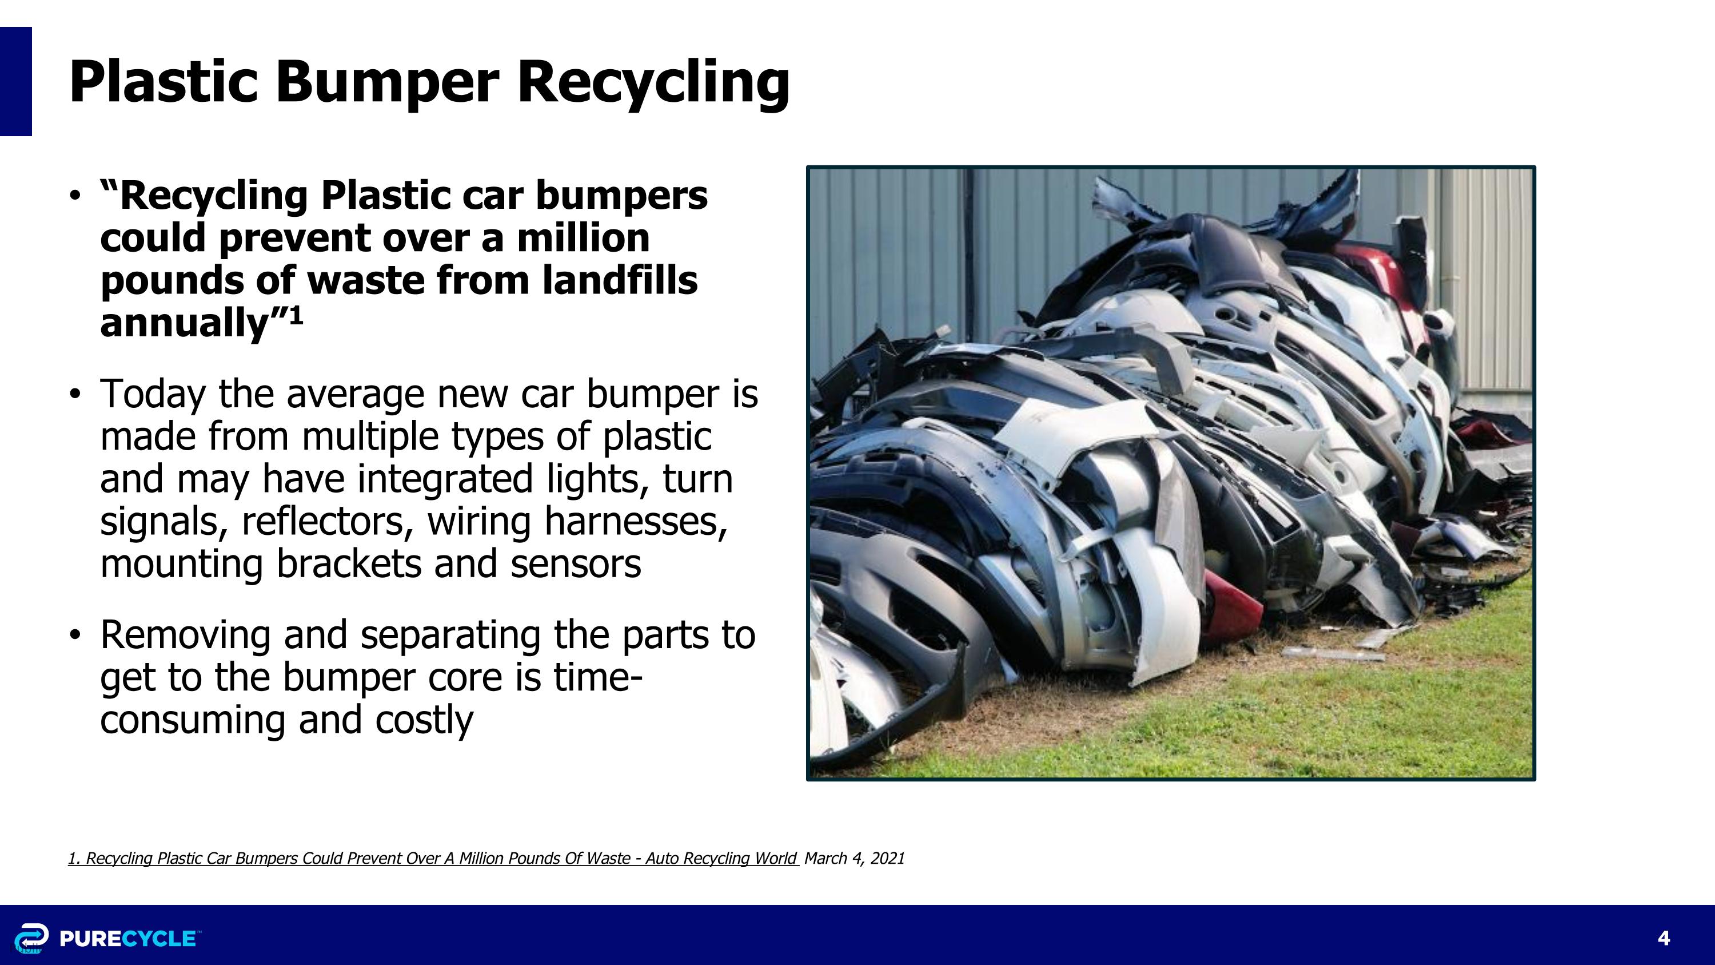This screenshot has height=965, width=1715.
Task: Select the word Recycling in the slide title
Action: (653, 82)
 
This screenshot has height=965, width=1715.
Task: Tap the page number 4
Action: (1664, 938)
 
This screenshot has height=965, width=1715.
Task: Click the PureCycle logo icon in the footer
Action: (31, 938)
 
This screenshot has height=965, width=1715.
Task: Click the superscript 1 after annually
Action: (296, 315)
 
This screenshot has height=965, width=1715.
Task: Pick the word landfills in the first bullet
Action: (620, 280)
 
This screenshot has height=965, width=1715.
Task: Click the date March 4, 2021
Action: (854, 858)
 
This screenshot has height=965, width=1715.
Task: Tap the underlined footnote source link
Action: (433, 858)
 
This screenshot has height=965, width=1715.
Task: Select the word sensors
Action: (575, 563)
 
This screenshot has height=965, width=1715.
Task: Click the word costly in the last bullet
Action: (424, 720)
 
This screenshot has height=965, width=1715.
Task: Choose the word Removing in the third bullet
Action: (185, 635)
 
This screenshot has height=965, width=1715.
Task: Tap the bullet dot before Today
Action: (75, 394)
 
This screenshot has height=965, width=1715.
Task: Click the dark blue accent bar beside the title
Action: (15, 81)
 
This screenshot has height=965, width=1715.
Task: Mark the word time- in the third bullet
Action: (597, 677)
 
